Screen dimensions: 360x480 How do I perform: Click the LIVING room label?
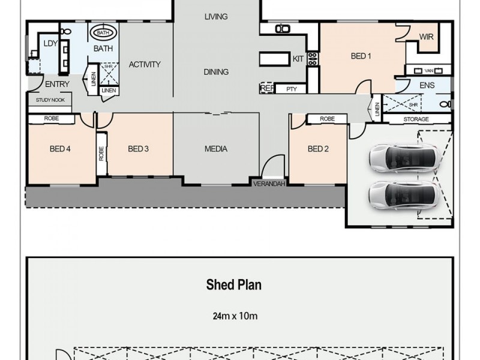coord(216,17)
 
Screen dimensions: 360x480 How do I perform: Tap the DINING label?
coord(216,72)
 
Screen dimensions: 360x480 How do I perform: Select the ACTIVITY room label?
coord(145,65)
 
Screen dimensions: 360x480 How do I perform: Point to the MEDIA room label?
coord(216,149)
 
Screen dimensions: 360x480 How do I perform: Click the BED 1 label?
coord(361,56)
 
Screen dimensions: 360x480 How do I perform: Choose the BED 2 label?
coord(318,149)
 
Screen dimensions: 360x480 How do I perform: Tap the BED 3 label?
coord(138,149)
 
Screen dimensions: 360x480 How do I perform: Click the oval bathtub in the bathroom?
coord(103,32)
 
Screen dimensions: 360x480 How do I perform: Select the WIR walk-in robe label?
coord(426,37)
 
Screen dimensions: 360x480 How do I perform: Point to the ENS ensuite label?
coord(427,86)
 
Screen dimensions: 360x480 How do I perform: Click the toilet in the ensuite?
coord(445,104)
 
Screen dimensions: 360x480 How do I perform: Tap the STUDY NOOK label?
coord(50,100)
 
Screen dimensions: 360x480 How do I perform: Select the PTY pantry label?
coord(292,89)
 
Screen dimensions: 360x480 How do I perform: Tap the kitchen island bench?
coord(275,59)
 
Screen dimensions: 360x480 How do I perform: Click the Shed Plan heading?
coord(233,285)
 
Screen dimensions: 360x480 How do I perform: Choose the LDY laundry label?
coord(51,43)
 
